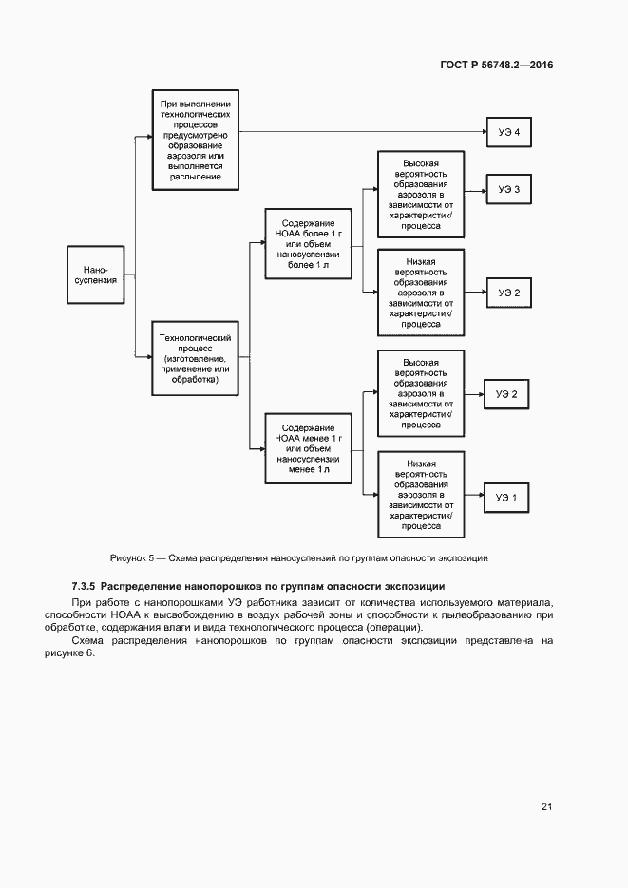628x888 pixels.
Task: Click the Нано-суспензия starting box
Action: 95,274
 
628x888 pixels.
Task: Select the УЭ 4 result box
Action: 508,132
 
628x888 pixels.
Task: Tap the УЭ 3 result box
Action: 508,190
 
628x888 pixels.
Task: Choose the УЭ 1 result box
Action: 507,497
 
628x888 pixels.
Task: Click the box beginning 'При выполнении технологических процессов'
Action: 196,139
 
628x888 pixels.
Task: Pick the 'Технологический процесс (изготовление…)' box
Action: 196,358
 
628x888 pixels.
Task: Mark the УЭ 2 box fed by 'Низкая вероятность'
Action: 508,293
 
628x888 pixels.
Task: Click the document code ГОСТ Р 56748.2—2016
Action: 497,66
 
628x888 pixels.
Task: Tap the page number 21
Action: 546,806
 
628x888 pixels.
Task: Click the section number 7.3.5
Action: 84,586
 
